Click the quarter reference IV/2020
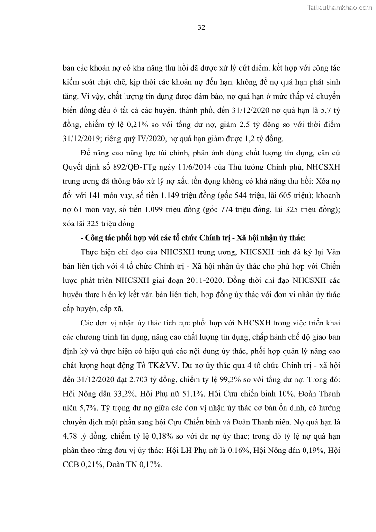point(135,139)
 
